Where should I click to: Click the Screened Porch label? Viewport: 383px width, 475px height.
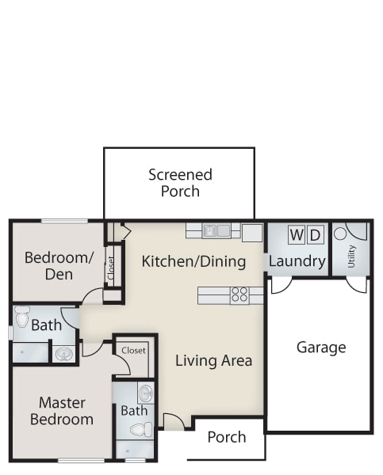(x=180, y=183)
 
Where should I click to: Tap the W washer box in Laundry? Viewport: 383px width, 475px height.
(x=297, y=235)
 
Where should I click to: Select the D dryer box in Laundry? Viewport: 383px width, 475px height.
(x=316, y=235)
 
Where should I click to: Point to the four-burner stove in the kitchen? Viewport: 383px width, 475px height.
(x=239, y=295)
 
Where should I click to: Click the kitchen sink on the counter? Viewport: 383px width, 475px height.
(x=216, y=231)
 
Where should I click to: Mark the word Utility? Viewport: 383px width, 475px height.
(x=351, y=256)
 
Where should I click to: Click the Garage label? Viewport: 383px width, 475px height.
(x=321, y=348)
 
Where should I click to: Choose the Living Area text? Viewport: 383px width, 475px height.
(x=213, y=360)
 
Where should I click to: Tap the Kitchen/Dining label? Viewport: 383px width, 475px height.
(x=193, y=261)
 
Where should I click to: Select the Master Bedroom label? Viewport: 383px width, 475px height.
(x=62, y=411)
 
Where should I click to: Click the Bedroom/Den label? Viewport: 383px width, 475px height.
(x=59, y=266)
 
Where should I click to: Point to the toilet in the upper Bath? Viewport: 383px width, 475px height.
(x=22, y=317)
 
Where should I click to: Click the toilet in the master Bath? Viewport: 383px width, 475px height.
(x=141, y=430)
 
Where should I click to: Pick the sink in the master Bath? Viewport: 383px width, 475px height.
(x=146, y=393)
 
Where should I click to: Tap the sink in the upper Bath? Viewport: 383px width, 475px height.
(x=63, y=354)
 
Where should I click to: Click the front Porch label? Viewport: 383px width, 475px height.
(x=227, y=437)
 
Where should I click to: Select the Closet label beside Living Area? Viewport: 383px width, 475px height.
(x=133, y=351)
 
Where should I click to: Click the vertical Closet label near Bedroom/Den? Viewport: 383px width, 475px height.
(x=111, y=268)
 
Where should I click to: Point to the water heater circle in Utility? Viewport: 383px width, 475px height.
(x=340, y=234)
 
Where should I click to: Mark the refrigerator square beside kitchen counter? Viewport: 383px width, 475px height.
(x=252, y=233)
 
